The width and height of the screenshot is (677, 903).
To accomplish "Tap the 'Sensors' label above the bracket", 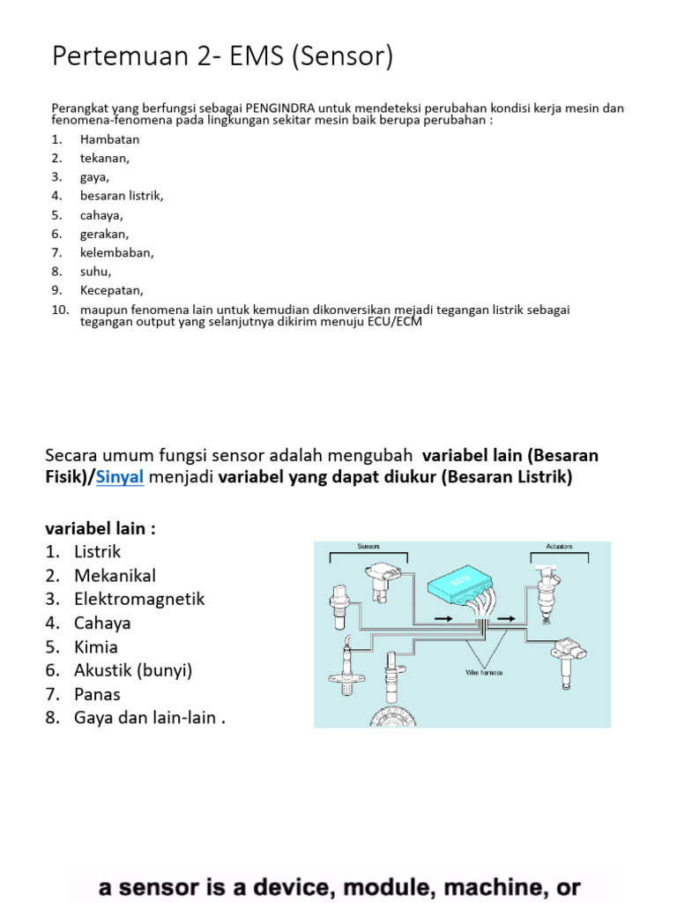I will pos(368,546).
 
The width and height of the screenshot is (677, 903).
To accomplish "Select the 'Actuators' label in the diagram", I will pos(560,546).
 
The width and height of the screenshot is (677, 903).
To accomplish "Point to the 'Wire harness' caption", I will pos(483,673).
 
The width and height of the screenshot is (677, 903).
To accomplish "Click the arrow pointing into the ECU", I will pos(443,620).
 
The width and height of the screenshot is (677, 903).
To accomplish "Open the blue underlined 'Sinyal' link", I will pos(120,478).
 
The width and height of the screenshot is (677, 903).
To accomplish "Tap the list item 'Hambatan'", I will pos(109,139).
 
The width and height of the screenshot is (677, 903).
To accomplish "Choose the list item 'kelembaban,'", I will pos(116,252).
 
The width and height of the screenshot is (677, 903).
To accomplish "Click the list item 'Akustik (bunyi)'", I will pos(133,670).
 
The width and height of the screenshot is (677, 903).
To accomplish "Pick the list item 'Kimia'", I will pos(96,646).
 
